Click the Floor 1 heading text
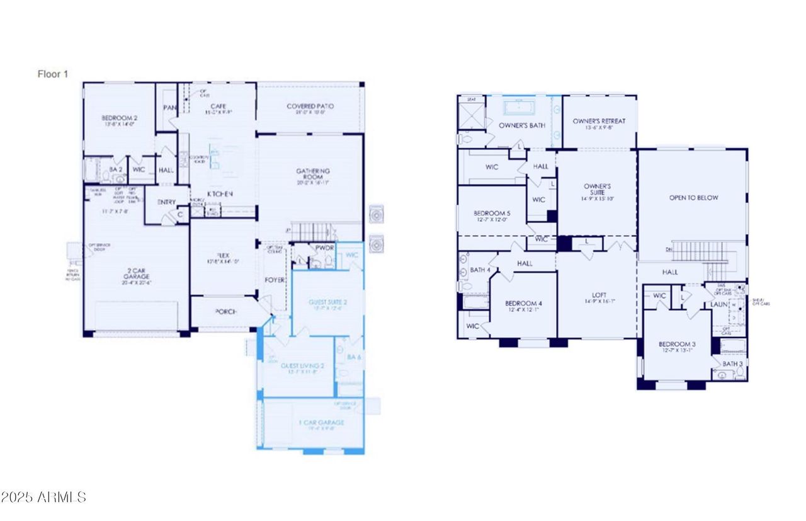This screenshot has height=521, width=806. (53, 74)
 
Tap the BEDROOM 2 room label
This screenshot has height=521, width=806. (120, 118)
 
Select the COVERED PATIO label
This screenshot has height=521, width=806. (310, 106)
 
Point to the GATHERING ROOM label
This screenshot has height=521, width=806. (314, 175)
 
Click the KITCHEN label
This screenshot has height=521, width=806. (221, 194)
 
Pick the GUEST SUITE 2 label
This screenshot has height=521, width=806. (327, 302)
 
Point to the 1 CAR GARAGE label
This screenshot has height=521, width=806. (321, 422)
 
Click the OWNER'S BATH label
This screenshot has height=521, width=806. (522, 125)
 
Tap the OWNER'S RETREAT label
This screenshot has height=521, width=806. (599, 121)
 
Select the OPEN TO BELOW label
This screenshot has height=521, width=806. (693, 198)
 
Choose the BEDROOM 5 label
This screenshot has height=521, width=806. (492, 213)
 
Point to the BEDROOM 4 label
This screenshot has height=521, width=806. (523, 303)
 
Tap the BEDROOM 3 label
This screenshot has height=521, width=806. (677, 343)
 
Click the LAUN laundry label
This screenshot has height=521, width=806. (720, 304)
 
